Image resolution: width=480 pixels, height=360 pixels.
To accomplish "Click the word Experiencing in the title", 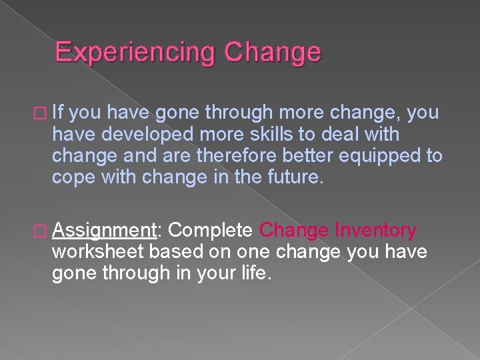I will pos(136,52).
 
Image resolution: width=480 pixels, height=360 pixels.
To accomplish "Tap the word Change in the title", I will pos(273,52).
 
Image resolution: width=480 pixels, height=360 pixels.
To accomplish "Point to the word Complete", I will pos(211,231).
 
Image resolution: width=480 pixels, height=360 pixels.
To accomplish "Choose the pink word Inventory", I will pos(376,231).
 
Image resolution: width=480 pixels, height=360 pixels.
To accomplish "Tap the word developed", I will pos(141,135).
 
